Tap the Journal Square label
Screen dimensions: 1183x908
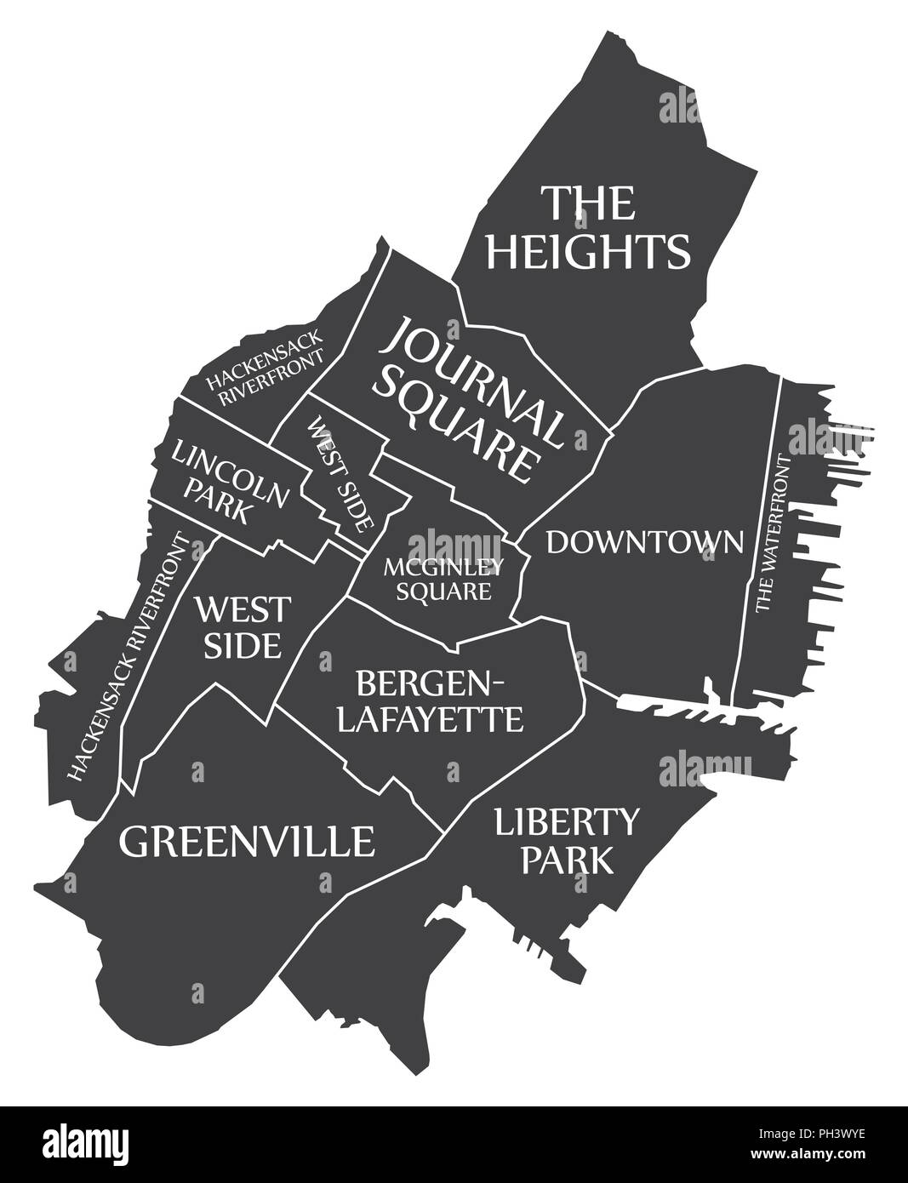(x=468, y=396)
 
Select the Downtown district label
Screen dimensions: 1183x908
(x=644, y=541)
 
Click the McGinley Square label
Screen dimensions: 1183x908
(x=443, y=578)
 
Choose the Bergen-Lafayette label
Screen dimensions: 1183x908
(x=430, y=700)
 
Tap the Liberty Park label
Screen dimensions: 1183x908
(x=566, y=840)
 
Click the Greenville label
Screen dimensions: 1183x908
(x=247, y=842)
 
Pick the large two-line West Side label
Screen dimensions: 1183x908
(x=242, y=626)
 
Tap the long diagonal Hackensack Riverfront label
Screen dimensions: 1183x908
(x=128, y=658)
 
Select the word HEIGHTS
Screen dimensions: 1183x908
(x=588, y=250)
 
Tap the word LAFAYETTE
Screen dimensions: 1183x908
(x=430, y=720)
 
